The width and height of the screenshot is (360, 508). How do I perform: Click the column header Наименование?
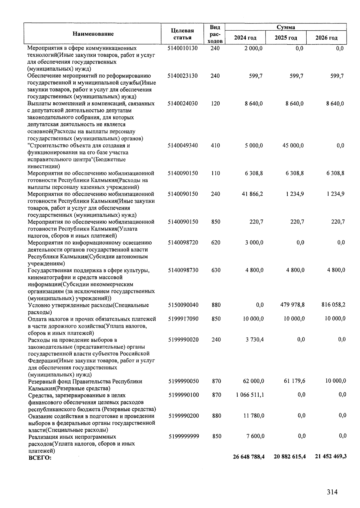click(x=93, y=34)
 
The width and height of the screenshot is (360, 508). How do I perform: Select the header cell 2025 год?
click(x=286, y=38)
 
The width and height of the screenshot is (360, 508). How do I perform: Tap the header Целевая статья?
click(x=182, y=34)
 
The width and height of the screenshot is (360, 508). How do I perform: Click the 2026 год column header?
click(x=326, y=38)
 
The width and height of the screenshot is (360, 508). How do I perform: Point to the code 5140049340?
click(x=183, y=146)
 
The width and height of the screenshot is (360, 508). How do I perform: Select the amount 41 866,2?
click(x=253, y=194)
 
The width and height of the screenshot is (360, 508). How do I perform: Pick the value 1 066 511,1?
click(x=250, y=395)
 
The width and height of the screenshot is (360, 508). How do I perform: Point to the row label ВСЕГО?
click(x=40, y=458)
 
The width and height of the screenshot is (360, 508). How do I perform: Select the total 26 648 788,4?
click(x=249, y=457)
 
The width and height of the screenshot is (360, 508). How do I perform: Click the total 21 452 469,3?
click(x=331, y=456)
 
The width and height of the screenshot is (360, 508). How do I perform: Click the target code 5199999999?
click(x=184, y=436)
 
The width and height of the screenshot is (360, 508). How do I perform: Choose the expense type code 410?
click(x=215, y=146)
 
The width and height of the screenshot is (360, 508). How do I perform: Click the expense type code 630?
click(x=216, y=270)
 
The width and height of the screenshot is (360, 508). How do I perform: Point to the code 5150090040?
click(x=183, y=305)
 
